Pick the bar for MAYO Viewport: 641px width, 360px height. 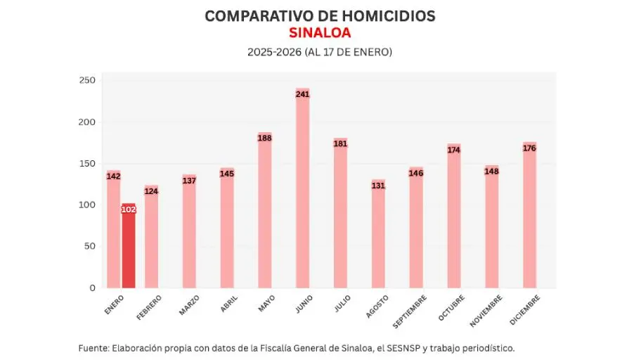pyautogui.click(x=265, y=210)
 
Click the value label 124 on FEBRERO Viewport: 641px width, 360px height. pyautogui.click(x=151, y=191)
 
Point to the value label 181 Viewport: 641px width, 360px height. pyautogui.click(x=341, y=144)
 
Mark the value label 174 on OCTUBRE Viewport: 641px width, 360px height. pyautogui.click(x=454, y=150)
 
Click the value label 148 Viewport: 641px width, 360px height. pyautogui.click(x=492, y=171)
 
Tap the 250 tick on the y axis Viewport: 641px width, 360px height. pyautogui.click(x=87, y=80)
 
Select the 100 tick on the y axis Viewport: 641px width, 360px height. pyautogui.click(x=87, y=205)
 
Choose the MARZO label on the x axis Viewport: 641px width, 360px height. pyautogui.click(x=189, y=305)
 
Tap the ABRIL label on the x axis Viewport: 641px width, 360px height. pyautogui.click(x=228, y=303)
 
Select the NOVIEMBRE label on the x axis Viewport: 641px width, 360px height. pyautogui.click(x=486, y=310)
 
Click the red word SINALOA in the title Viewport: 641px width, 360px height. pyautogui.click(x=320, y=33)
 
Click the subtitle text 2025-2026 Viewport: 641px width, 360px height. pyautogui.click(x=274, y=52)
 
